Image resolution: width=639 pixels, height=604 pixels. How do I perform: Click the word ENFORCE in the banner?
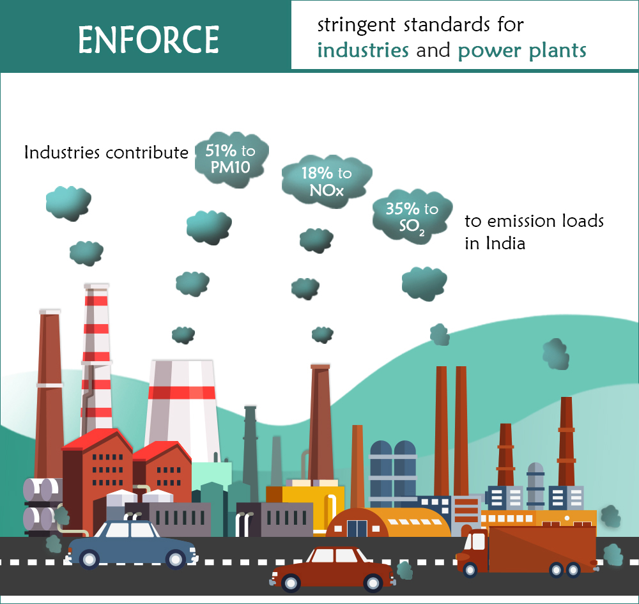click(148, 40)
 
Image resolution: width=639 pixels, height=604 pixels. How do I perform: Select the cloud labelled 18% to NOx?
click(327, 182)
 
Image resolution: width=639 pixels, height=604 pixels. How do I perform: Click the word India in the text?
click(505, 244)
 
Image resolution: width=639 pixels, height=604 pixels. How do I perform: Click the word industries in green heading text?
click(363, 50)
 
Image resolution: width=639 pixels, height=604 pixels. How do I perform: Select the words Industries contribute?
click(106, 153)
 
